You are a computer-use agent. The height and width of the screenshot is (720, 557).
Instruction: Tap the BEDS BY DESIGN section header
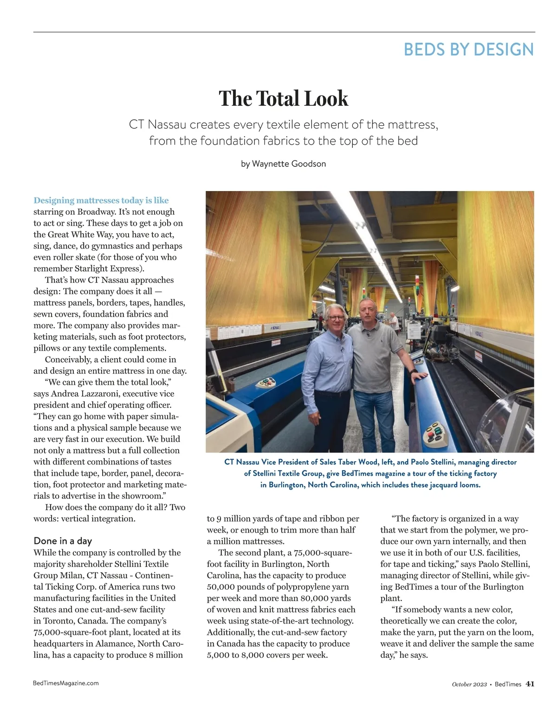[x=468, y=49]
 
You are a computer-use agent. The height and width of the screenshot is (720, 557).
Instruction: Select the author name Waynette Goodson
[x=289, y=164]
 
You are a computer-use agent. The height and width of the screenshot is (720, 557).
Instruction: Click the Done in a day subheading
[x=63, y=541]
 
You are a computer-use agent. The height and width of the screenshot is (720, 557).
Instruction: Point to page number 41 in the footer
[x=530, y=684]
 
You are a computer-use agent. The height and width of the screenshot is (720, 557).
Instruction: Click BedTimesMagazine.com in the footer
[x=66, y=683]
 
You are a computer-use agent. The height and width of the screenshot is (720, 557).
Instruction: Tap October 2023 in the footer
[x=469, y=684]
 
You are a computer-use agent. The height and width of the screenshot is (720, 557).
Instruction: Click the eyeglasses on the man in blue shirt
[x=335, y=318]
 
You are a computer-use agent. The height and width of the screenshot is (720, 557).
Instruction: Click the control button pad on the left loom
[x=266, y=383]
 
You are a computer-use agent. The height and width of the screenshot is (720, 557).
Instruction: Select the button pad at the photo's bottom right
[x=436, y=432]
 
